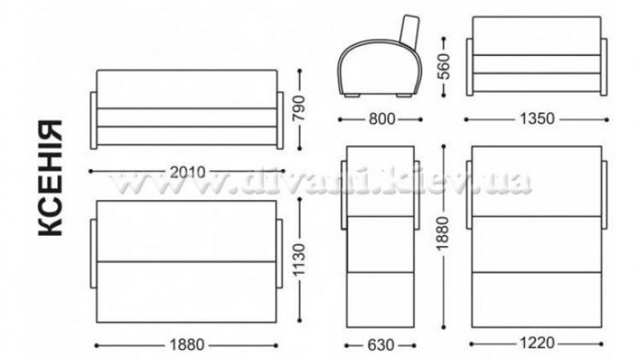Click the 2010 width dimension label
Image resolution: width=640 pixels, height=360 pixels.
[187, 172]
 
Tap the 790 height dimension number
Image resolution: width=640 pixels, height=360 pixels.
[300, 108]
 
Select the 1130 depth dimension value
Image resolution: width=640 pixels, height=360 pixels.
[299, 260]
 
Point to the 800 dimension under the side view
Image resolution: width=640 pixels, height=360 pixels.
[382, 119]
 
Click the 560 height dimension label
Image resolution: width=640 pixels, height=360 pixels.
[444, 66]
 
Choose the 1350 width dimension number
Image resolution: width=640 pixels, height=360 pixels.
[537, 119]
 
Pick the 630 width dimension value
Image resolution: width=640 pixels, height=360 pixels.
[381, 345]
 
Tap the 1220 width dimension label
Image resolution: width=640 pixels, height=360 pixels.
[537, 342]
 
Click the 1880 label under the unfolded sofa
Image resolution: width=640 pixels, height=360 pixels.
[187, 345]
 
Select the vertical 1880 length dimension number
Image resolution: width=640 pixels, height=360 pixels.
[443, 233]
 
